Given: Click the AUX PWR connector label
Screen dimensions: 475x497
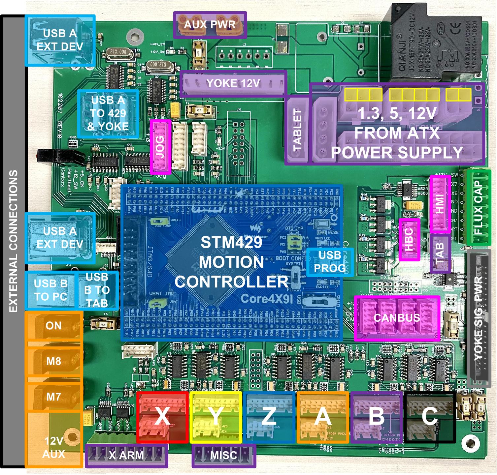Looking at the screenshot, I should coord(210,25).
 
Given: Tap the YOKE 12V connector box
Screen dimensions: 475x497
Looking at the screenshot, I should coord(233,83).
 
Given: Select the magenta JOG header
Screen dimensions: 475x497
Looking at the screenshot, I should coord(160,147).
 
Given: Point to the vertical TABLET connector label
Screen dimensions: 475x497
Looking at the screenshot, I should coord(297,131).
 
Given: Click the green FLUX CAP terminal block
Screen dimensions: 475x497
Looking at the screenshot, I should coord(479,207).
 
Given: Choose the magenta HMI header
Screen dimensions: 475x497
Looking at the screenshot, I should coord(440,204).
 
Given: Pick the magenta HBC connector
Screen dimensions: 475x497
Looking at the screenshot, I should coord(409,239).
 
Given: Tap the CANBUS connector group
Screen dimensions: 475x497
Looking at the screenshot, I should coord(397,318).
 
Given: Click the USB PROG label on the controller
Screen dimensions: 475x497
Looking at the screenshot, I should coord(330,262).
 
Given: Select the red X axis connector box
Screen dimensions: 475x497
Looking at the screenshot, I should coord(162,417).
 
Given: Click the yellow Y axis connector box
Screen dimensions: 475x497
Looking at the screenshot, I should coord(216,417).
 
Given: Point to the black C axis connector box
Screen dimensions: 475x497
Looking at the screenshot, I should coord(430,417).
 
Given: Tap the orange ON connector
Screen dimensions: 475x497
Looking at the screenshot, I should coord(54,326).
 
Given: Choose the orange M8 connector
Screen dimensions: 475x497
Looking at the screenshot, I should coord(54,361).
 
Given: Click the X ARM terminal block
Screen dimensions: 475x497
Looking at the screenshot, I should coord(126,456).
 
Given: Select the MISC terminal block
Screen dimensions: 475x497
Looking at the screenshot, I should coord(224,456).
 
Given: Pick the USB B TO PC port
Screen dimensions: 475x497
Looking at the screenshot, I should coord(50,290).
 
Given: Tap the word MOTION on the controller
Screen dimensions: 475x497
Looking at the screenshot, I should coord(232,262).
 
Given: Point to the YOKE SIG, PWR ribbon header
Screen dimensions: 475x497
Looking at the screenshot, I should coord(479,318).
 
